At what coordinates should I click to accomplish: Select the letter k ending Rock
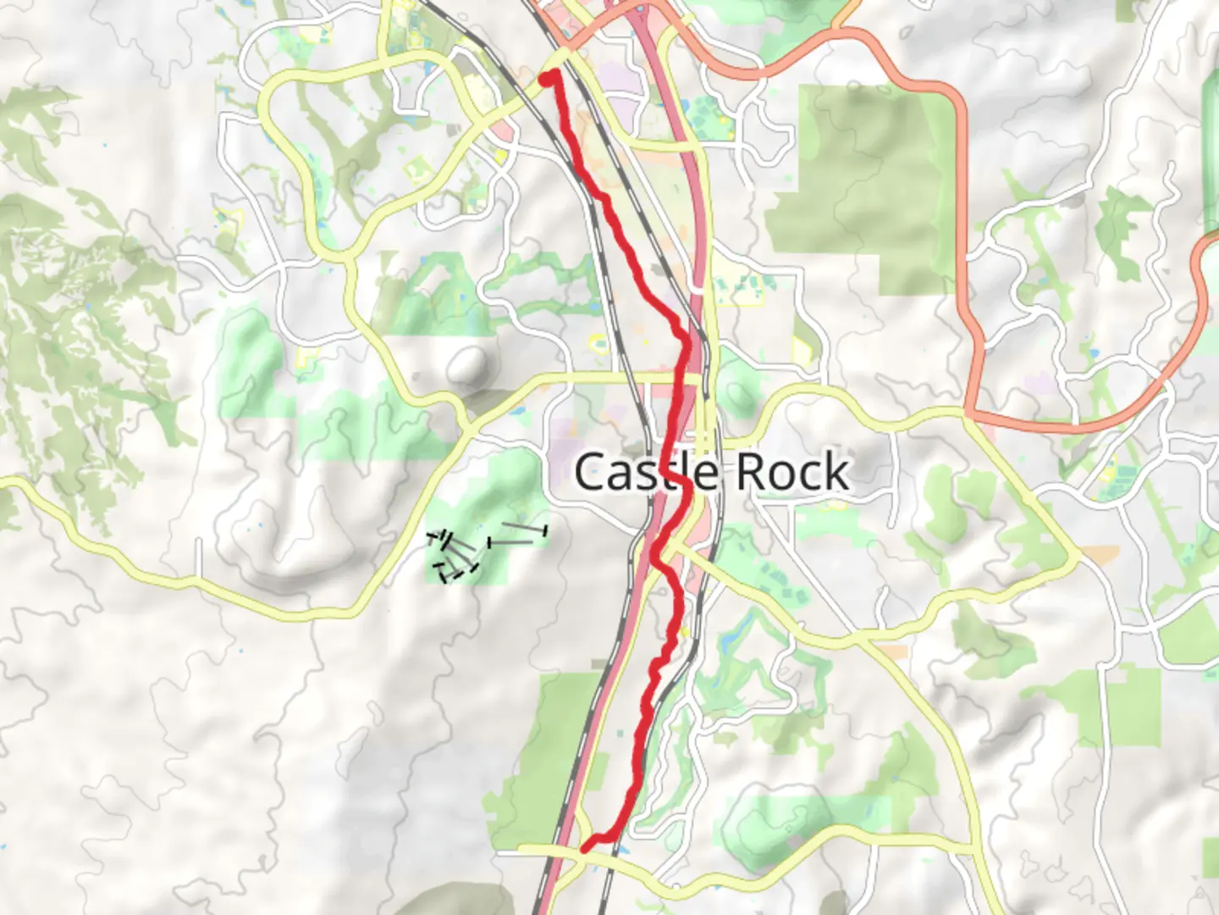point(837,472)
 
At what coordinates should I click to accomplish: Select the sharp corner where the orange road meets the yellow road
point(968,413)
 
